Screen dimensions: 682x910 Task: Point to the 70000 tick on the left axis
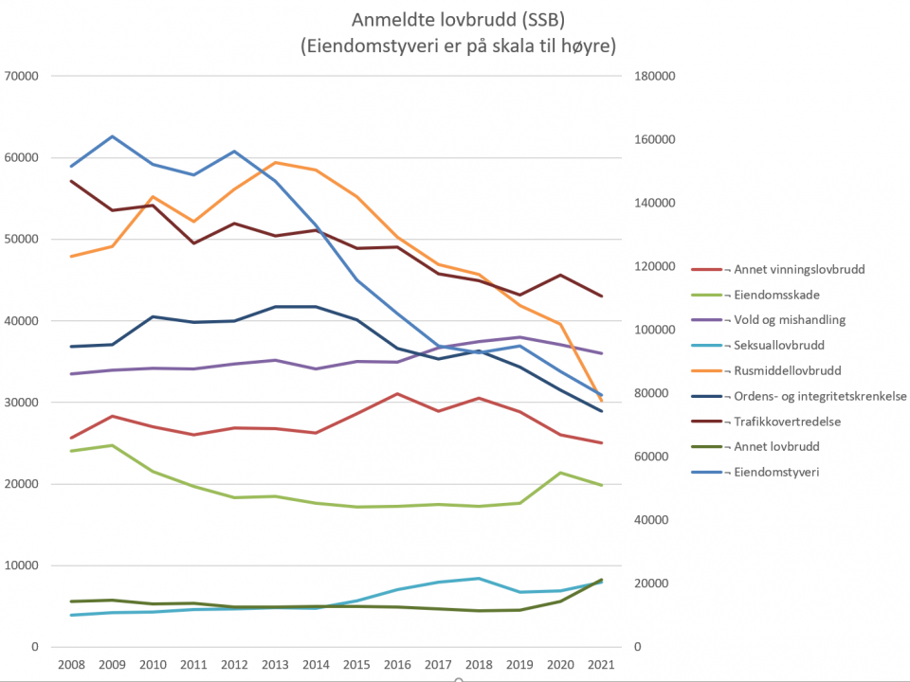tap(20, 76)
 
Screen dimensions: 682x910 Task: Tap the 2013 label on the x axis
tap(275, 665)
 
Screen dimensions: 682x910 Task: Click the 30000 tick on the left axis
tap(20, 403)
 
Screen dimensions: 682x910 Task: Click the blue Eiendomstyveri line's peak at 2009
tap(112, 136)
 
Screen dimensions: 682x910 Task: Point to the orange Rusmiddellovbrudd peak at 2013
tap(275, 162)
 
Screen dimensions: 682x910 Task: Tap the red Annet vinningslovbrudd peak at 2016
tap(398, 394)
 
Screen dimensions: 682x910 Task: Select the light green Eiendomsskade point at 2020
tap(561, 473)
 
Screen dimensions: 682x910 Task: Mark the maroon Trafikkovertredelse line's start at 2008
tap(71, 181)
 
